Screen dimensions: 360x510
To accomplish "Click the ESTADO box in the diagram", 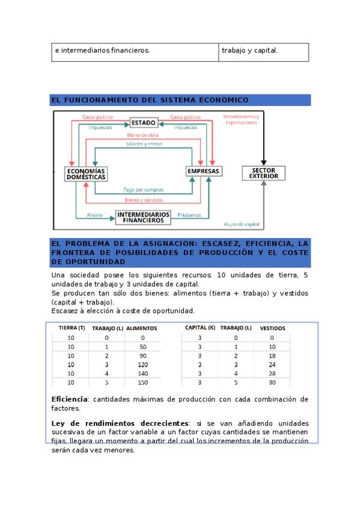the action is [144, 123].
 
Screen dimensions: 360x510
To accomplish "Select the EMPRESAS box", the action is [204, 171].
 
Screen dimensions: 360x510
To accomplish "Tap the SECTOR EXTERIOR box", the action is [263, 173].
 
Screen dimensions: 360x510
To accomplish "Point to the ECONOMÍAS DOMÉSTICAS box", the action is [86, 174].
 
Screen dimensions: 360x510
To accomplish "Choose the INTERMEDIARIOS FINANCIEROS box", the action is [143, 217].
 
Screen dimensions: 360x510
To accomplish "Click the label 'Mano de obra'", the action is [142, 135].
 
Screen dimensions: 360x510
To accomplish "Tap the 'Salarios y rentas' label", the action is [144, 144].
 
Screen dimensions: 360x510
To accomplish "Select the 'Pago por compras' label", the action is [143, 189].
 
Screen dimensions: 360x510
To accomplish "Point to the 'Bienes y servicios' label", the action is [144, 200].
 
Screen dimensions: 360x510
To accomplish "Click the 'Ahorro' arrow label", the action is [94, 215].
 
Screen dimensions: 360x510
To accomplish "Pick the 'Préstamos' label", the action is [189, 215].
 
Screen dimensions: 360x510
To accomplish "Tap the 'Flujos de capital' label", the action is [242, 224].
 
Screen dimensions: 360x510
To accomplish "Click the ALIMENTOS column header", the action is [142, 328].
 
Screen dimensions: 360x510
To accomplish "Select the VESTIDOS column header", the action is [273, 328].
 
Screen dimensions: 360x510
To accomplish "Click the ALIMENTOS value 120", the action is [143, 364].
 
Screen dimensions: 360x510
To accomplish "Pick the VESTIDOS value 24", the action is [272, 364].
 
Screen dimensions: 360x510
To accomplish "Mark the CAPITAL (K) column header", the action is [200, 328].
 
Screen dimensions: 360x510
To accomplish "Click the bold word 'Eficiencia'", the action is [70, 399].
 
